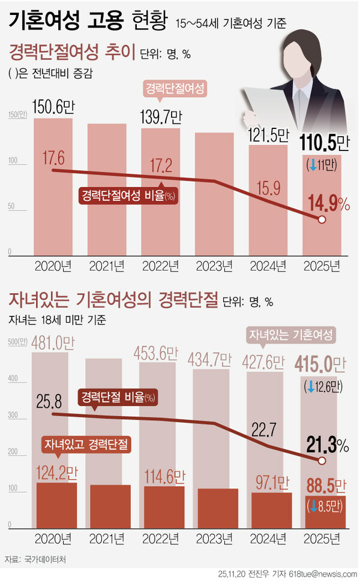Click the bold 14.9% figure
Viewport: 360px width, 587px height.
coord(328,203)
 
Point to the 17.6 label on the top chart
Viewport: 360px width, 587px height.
coord(52,156)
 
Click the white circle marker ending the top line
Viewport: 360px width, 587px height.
coord(322,219)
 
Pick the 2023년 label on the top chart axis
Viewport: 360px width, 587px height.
coord(214,265)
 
